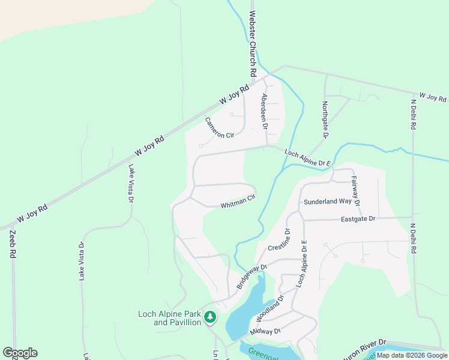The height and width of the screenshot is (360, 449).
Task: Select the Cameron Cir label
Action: [x=219, y=128]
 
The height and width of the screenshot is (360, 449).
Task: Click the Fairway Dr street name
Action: [x=355, y=191]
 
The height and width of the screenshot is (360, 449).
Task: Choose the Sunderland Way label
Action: [x=327, y=202]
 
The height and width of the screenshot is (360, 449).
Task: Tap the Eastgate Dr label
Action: [x=358, y=219]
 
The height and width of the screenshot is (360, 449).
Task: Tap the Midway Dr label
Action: [x=265, y=331]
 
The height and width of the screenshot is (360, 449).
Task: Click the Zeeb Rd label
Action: [x=12, y=244]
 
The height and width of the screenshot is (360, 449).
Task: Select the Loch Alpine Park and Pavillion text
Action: [x=169, y=318]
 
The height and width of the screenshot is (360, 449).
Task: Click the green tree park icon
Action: [x=209, y=316]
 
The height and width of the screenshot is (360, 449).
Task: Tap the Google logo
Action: [x=20, y=353]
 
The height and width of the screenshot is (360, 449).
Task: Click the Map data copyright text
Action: [x=412, y=355]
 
